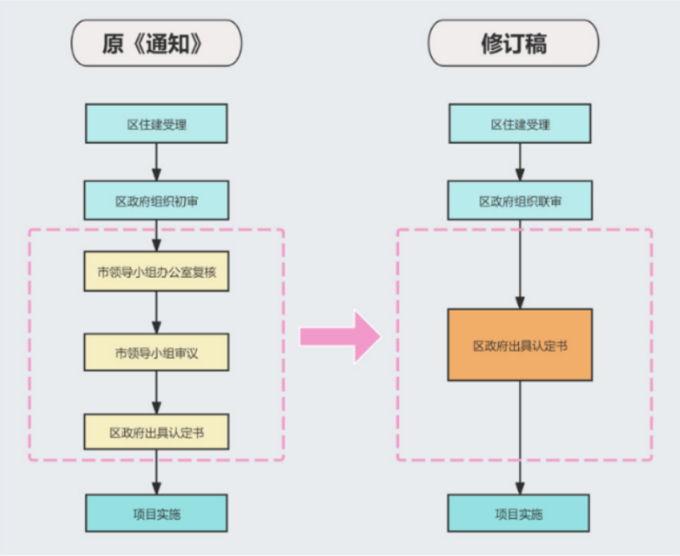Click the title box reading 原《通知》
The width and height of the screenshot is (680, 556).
[x=156, y=43]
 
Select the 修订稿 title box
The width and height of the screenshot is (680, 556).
[x=513, y=43]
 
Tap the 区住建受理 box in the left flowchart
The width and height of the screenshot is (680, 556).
[x=156, y=124]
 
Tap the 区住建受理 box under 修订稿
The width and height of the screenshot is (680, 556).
[x=520, y=124]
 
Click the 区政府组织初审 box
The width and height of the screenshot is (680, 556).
[x=156, y=200]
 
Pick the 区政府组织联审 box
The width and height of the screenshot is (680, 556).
[x=520, y=200]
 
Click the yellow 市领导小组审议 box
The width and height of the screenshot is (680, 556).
[x=156, y=352]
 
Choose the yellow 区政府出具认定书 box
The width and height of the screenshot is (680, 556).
[x=156, y=432]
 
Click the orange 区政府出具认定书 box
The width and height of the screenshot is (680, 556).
[x=520, y=345]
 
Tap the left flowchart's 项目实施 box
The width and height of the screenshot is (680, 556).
[x=156, y=513]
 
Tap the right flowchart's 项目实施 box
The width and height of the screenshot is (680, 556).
[x=520, y=513]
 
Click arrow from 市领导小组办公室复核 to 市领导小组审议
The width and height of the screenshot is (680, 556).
[x=156, y=311]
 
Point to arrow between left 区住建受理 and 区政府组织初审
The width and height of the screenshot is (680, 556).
[x=156, y=162]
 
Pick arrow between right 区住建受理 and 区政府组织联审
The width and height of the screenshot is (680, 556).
[x=520, y=162]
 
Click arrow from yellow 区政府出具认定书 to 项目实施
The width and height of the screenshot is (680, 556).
[x=156, y=473]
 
